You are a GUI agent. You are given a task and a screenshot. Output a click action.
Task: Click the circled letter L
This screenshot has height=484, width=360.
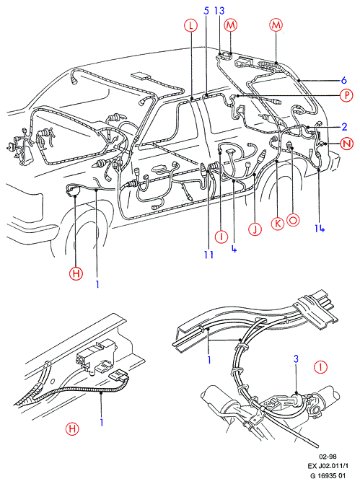(191, 25)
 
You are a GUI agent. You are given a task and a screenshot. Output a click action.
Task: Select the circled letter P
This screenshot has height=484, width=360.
(346, 95)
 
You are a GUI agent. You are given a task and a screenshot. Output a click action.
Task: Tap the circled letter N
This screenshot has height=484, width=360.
(347, 144)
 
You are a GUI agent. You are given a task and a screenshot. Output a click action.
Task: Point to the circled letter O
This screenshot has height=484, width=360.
(293, 220)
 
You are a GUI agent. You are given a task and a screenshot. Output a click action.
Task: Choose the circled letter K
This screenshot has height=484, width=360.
(278, 223)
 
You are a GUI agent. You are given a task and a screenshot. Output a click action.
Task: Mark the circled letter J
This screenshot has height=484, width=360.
(255, 229)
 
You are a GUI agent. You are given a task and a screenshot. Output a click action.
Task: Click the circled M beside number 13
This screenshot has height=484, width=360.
(230, 25)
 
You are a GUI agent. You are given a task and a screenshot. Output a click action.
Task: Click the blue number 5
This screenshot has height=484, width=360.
(206, 11)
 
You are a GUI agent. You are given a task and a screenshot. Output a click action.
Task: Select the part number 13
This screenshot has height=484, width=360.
(219, 11)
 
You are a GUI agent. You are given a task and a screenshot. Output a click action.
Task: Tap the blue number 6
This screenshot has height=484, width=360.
(344, 80)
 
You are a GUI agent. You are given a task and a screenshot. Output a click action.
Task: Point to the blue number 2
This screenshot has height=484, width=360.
(344, 127)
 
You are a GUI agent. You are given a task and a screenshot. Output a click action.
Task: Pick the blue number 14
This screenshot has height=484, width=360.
(320, 228)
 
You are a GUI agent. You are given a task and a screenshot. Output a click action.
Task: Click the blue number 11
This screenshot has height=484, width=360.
(208, 255)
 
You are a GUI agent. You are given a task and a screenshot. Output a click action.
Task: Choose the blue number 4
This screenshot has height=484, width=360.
(234, 248)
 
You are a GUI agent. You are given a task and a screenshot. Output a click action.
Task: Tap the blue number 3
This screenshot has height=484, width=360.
(296, 358)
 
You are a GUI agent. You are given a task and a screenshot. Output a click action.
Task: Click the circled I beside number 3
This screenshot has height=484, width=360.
(320, 367)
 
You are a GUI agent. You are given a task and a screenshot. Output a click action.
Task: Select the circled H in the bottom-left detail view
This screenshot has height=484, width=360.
(72, 429)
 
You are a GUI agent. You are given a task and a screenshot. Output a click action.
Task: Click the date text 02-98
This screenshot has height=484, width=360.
(328, 457)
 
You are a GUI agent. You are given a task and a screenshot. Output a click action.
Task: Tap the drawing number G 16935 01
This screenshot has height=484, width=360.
(328, 475)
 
